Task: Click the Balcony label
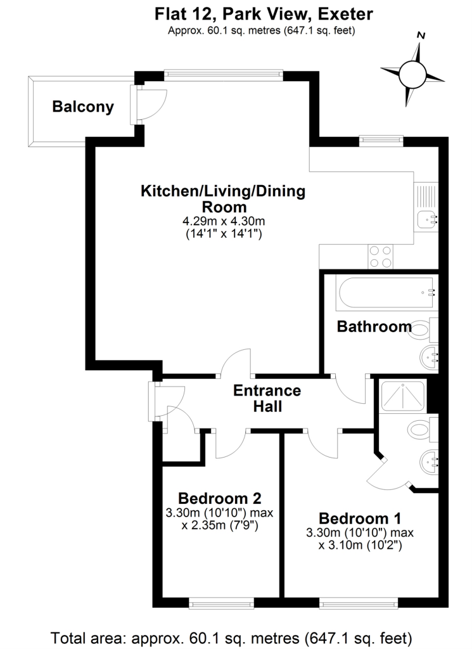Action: point(83,106)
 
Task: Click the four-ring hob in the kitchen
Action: point(381,256)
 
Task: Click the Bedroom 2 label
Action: point(219,498)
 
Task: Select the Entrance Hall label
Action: point(267,399)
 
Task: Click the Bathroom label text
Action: point(374,327)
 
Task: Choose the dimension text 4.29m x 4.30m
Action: point(222,221)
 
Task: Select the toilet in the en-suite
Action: point(421,430)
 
